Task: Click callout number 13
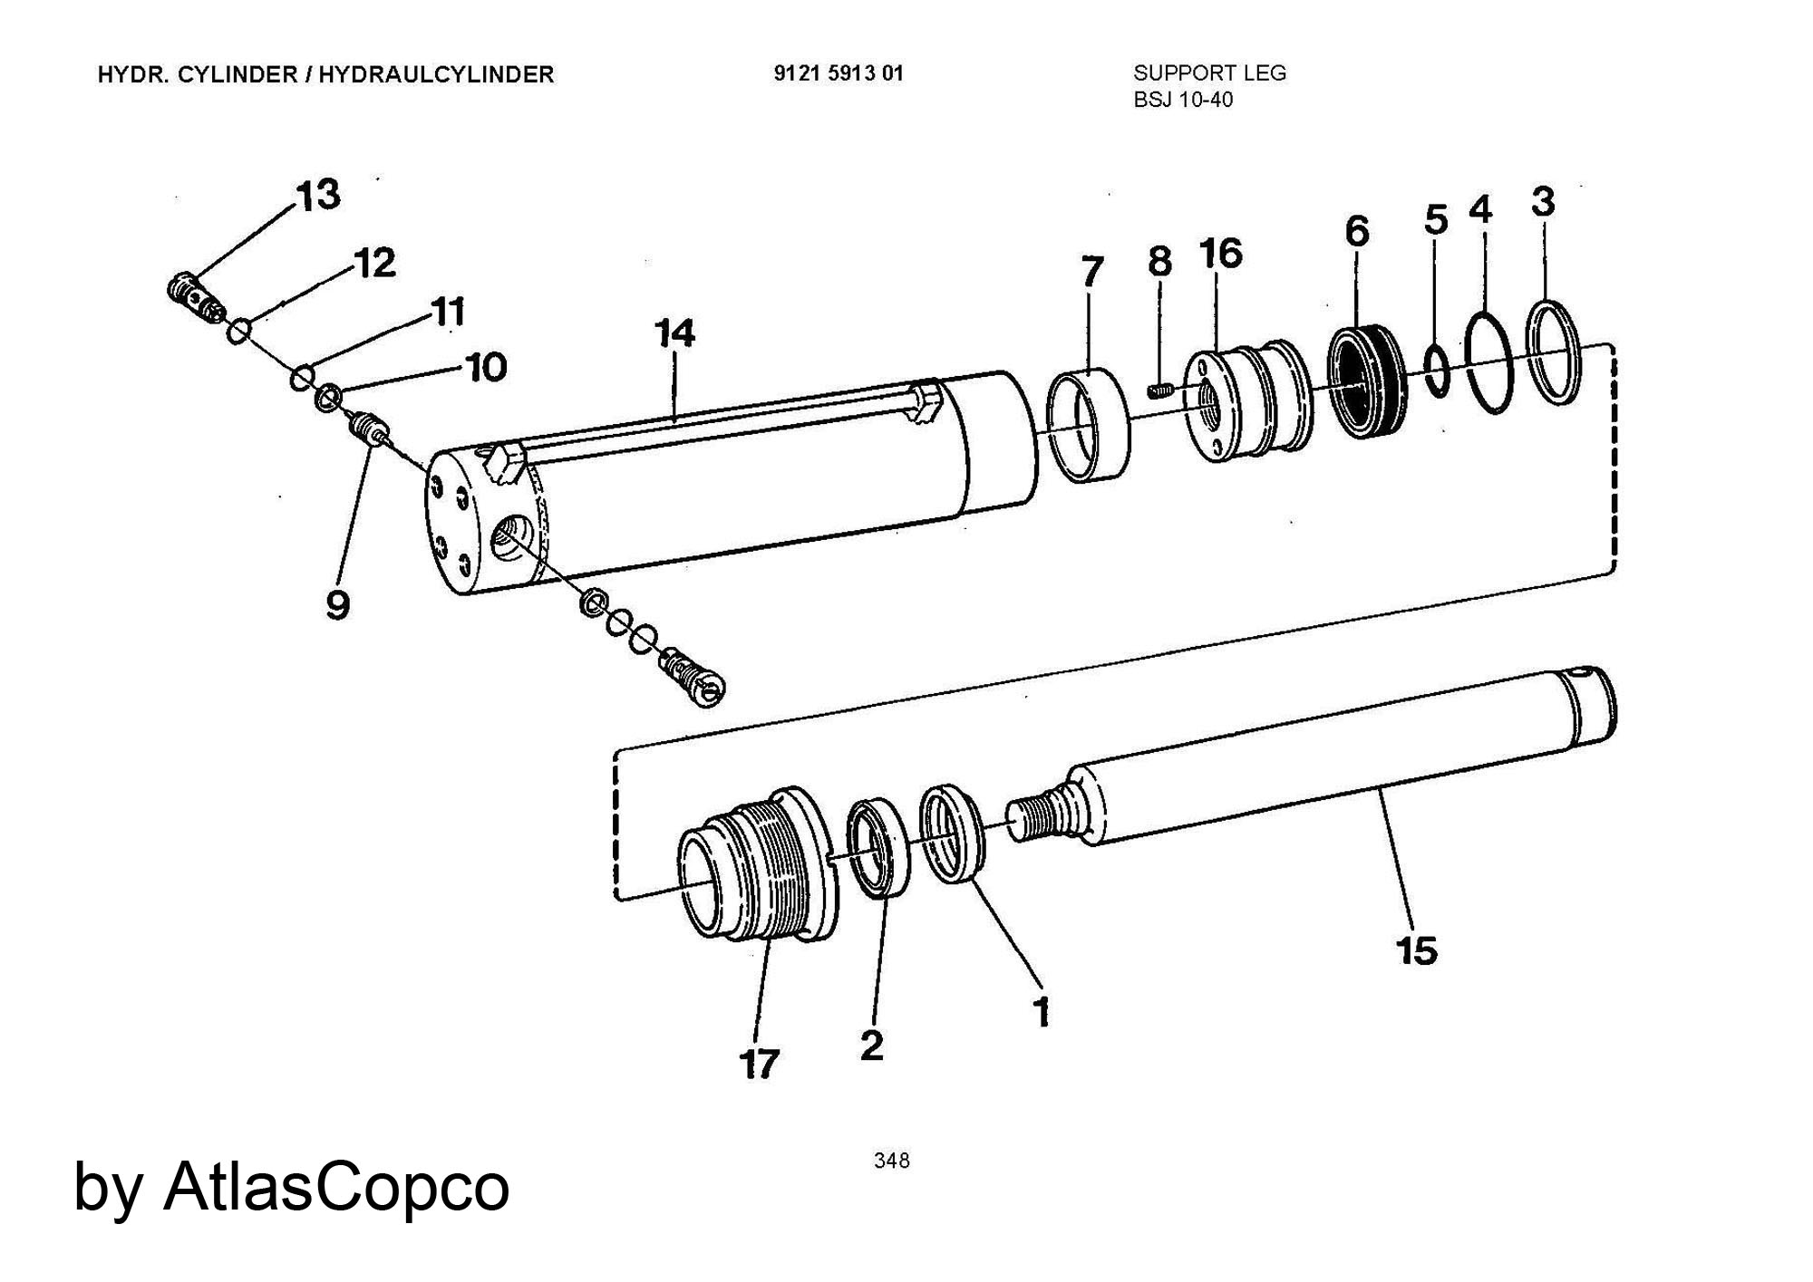[318, 195]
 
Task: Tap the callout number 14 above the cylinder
[675, 333]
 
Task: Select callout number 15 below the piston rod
[1416, 950]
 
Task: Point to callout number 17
[760, 1064]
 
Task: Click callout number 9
[337, 604]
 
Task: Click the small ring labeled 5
[1437, 370]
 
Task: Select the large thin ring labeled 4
[1488, 361]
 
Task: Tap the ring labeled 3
[1555, 352]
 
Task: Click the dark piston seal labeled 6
[1366, 381]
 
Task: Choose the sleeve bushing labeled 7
[1089, 425]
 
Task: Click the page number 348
[892, 1161]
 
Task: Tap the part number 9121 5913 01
[839, 73]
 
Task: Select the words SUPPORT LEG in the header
[1209, 73]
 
